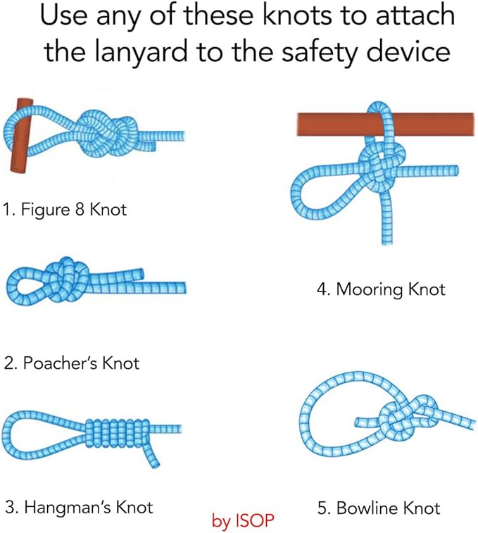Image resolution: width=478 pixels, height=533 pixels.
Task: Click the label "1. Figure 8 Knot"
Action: pyautogui.click(x=65, y=209)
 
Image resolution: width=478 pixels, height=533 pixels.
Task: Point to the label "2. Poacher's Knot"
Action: pyautogui.click(x=71, y=363)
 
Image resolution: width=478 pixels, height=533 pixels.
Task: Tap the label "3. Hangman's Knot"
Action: pyautogui.click(x=79, y=508)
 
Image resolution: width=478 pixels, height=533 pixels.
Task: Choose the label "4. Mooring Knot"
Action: pyautogui.click(x=381, y=289)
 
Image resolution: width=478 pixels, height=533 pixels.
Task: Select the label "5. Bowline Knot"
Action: pyautogui.click(x=379, y=508)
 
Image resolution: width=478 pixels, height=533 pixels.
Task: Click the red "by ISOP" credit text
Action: pyautogui.click(x=243, y=520)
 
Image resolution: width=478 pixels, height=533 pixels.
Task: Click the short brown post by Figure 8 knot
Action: pyautogui.click(x=21, y=136)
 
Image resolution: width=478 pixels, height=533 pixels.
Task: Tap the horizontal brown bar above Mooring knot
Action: pyautogui.click(x=386, y=125)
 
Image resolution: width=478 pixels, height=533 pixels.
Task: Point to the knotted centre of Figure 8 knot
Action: pyautogui.click(x=106, y=134)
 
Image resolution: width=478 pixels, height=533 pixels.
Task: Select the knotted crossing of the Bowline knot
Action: pyautogui.click(x=408, y=418)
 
